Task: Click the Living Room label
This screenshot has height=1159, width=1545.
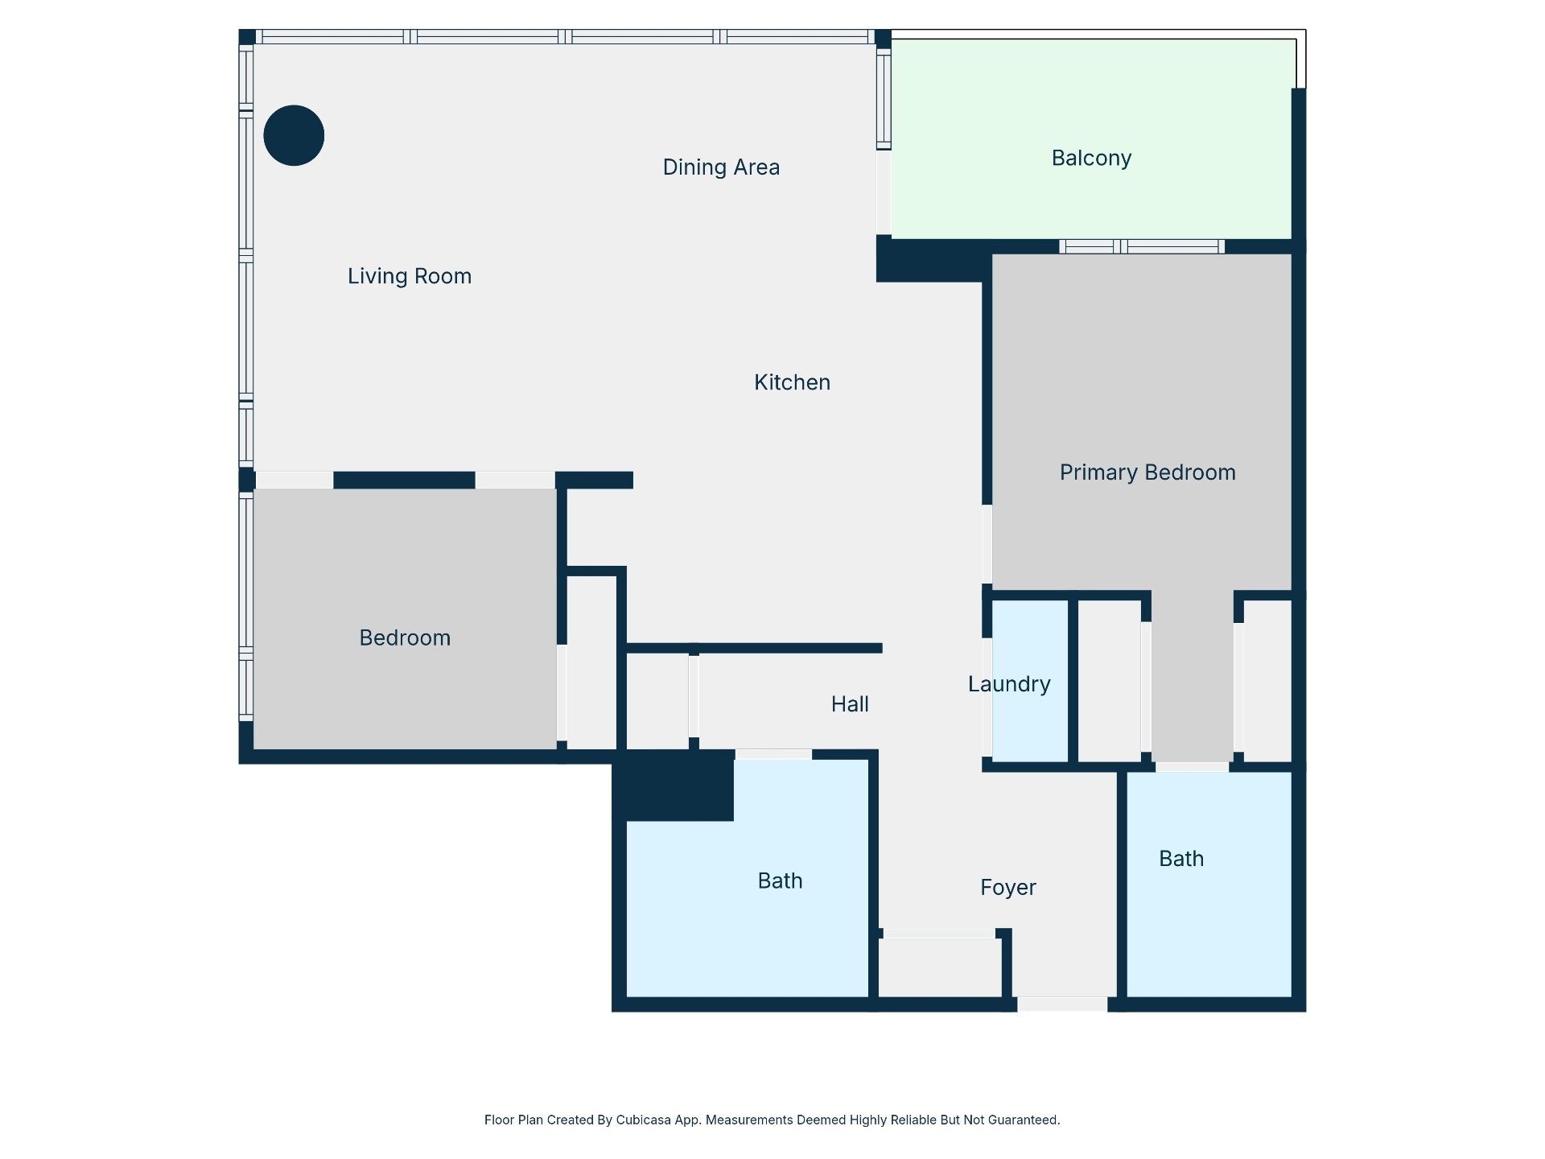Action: coord(410,276)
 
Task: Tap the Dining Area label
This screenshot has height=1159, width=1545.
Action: coord(721,167)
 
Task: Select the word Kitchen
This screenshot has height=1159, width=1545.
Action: coord(792,382)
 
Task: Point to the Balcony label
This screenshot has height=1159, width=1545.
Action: coord(1091,159)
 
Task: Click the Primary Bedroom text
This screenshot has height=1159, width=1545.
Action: coord(1147,472)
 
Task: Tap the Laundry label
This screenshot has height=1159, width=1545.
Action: coord(1009,684)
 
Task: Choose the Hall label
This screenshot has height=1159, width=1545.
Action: coord(850,704)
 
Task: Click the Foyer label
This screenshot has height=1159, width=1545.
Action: coord(1008,888)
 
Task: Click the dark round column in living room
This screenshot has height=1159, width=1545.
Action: coord(294,135)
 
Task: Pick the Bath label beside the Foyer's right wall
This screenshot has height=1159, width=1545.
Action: coord(1181,859)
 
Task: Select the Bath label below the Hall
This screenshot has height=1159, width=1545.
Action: coord(780,881)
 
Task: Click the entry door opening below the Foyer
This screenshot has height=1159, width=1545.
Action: coord(1062,1004)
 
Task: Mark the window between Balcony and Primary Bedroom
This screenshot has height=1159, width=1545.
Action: coord(1142,246)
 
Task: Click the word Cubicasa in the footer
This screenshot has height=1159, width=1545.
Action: coord(644,1120)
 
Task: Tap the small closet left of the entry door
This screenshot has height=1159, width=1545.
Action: coord(940,967)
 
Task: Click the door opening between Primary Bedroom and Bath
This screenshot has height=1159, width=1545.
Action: coord(1193,767)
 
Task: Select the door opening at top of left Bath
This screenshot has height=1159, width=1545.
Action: coord(773,754)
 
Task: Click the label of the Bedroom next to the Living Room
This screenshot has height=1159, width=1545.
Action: coord(405,638)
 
